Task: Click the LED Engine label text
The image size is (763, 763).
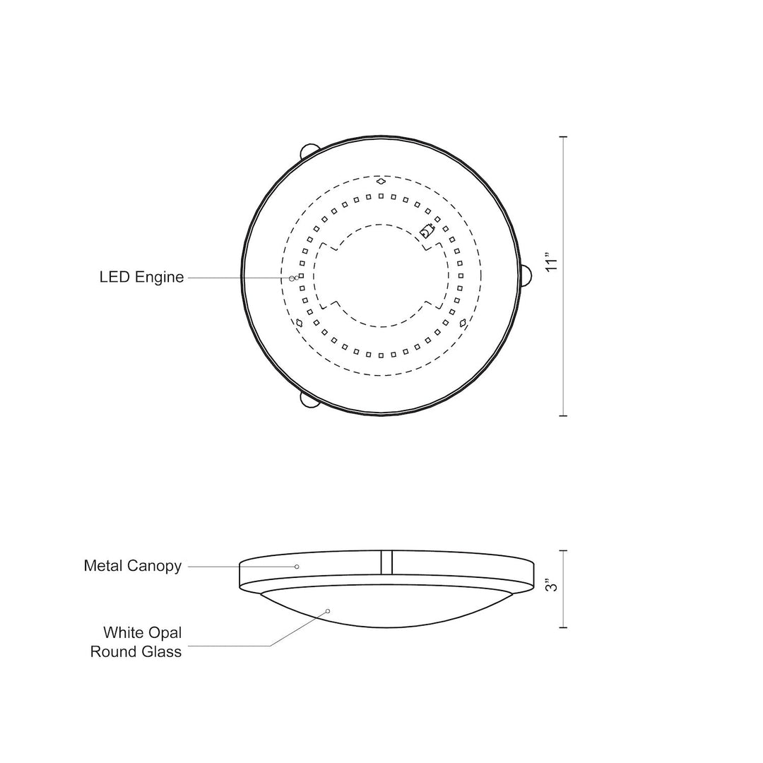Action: (141, 278)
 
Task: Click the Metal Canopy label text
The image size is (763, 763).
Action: (133, 566)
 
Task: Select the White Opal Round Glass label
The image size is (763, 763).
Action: (136, 641)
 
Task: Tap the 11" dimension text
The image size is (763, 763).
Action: (552, 261)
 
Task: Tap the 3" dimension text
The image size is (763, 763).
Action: (552, 586)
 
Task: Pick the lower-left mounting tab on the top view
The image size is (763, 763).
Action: (309, 400)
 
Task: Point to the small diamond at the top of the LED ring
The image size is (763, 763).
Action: (381, 182)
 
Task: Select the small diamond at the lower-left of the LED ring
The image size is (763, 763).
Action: (300, 323)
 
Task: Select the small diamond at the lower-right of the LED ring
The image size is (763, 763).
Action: (463, 323)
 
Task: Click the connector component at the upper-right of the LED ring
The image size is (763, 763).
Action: (426, 230)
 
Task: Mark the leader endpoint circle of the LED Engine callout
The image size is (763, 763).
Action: (292, 278)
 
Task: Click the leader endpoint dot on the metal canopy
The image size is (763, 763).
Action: (297, 567)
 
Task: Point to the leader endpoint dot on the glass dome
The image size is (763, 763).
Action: (329, 610)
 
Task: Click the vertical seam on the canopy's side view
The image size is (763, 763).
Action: (386, 562)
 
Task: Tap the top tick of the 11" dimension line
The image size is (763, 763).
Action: (563, 136)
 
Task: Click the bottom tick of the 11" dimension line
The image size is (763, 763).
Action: (563, 415)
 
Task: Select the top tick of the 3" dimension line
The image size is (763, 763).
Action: (563, 550)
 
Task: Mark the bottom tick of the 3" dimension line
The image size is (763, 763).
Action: (563, 627)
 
